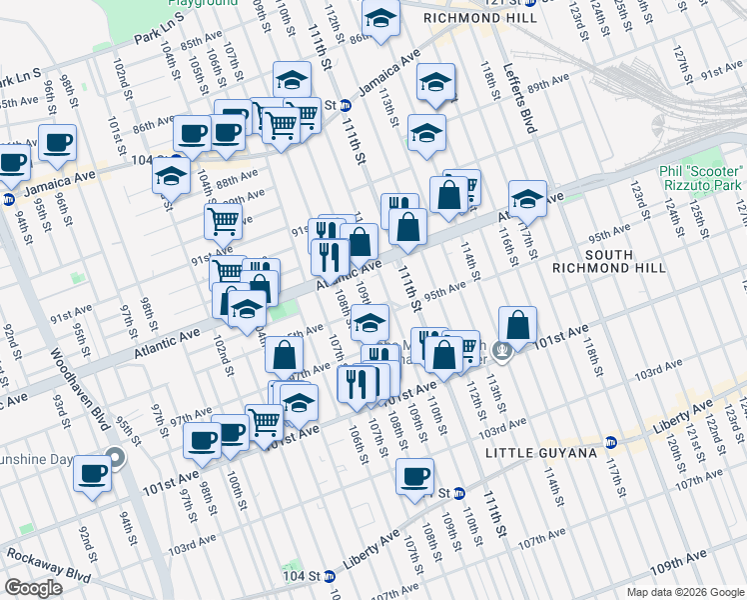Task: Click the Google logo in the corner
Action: pos(34,588)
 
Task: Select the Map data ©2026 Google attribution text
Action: pos(684,592)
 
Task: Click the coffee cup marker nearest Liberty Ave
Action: pos(414,476)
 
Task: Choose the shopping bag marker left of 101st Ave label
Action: pos(518,325)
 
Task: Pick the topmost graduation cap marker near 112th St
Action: pos(379,18)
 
